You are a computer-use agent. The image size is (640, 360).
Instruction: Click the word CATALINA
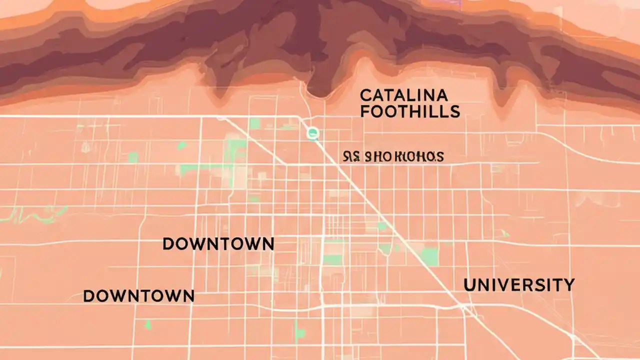coord(404,94)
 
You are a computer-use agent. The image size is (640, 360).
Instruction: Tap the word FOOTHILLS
coord(409,111)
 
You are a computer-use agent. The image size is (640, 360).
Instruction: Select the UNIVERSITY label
coord(519,285)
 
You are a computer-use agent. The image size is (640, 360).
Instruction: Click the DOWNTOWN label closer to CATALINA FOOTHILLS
coord(218,244)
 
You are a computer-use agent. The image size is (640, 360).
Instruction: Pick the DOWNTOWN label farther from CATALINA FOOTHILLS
coord(138,295)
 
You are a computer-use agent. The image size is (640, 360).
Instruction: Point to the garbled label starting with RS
coord(393,156)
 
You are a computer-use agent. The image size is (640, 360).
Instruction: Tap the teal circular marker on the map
coord(313,132)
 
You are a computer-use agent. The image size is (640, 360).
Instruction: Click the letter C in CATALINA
coord(365,94)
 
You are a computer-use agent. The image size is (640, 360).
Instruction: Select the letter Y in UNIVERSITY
coord(568,285)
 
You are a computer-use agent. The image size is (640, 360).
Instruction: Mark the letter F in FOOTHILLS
coord(365,111)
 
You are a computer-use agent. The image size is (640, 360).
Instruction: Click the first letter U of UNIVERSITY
coord(470,285)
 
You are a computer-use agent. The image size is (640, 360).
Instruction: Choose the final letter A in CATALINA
coord(441,94)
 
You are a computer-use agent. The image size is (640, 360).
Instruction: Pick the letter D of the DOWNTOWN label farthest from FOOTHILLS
coord(89,296)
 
